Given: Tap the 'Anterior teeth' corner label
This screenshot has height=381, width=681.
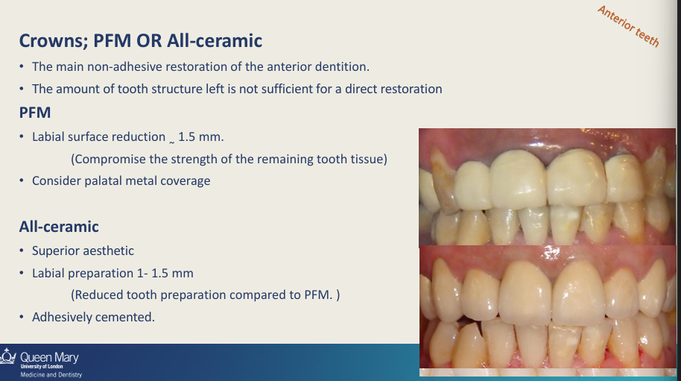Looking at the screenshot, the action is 628,26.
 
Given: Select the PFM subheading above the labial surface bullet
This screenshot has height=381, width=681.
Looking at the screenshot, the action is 35,113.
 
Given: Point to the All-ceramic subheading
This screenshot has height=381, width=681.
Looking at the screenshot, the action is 59,227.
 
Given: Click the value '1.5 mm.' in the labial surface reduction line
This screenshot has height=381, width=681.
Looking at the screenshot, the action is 200,137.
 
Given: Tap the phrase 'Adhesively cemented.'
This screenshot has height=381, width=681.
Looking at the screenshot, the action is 93,317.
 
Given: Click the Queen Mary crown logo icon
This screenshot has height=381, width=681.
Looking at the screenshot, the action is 7,356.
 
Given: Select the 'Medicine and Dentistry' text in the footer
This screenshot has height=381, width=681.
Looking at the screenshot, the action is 51,375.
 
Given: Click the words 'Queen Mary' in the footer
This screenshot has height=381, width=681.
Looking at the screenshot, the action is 49,358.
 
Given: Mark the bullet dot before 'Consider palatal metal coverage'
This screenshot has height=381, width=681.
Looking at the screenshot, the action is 22,180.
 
